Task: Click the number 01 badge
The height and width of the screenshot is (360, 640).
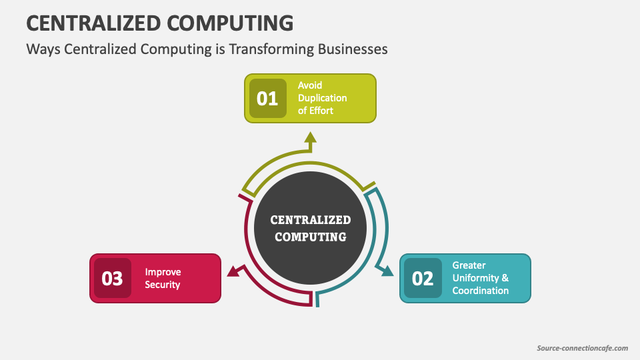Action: pyautogui.click(x=267, y=99)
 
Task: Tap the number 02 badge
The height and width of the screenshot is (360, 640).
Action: pyautogui.click(x=423, y=278)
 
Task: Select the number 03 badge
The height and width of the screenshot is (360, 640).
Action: pyautogui.click(x=112, y=278)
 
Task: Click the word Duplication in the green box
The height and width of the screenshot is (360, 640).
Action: pyautogui.click(x=323, y=98)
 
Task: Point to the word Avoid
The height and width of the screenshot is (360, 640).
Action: pyautogui.click(x=310, y=85)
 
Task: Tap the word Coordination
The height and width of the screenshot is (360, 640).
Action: pyautogui.click(x=480, y=291)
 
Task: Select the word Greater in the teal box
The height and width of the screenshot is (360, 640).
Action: pyautogui.click(x=469, y=265)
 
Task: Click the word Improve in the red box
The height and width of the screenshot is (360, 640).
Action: pyautogui.click(x=163, y=272)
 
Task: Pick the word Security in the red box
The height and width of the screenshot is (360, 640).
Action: pyautogui.click(x=163, y=285)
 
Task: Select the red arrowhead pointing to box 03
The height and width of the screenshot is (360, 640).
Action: pyautogui.click(x=233, y=270)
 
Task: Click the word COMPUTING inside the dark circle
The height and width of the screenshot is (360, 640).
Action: pyautogui.click(x=311, y=237)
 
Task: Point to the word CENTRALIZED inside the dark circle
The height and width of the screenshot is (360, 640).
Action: pyautogui.click(x=311, y=220)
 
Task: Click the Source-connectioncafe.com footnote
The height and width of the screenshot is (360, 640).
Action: pyautogui.click(x=582, y=348)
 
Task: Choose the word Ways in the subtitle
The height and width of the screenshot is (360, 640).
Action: pyautogui.click(x=43, y=49)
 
